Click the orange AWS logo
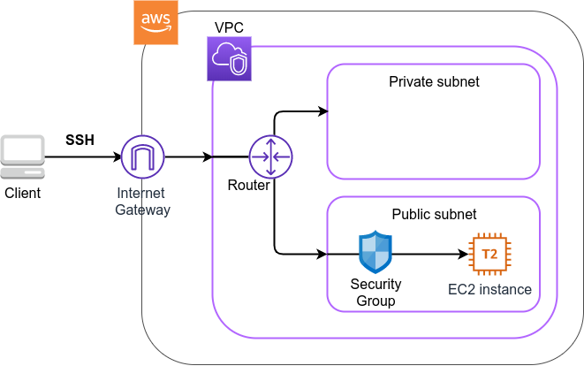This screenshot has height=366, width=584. coord(156,22)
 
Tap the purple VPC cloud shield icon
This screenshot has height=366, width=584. coord(229,59)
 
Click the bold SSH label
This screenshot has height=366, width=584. coord(80,141)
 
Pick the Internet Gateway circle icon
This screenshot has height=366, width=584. coord(142,158)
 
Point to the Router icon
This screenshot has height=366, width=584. coord(270,157)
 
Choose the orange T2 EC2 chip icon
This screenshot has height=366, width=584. coord(489,255)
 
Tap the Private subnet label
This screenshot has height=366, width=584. coord(434,82)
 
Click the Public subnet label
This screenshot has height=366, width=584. coord(434,214)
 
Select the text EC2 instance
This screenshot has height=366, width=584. coord(489,289)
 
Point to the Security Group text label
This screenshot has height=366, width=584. coord(376,293)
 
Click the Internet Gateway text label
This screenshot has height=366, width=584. coord(142,202)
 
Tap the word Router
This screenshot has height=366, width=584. coord(248,185)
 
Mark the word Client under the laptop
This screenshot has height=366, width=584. coord(22,192)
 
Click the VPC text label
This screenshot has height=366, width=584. coord(229,28)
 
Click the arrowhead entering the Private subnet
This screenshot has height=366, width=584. coord(322,112)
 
